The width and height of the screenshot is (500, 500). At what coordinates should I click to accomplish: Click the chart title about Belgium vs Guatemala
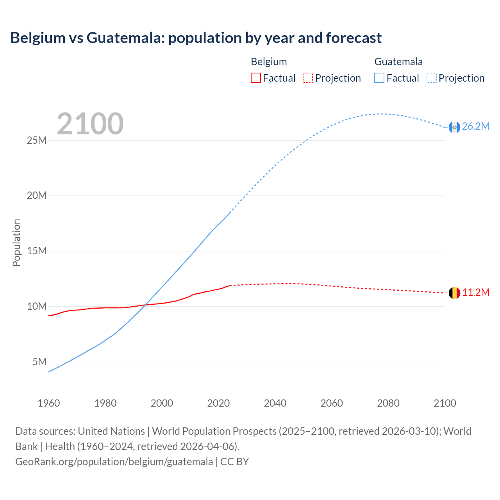click(x=196, y=38)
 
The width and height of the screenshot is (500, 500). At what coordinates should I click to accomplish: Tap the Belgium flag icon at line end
click(x=454, y=293)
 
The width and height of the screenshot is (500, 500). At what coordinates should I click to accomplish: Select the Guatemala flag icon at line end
click(x=454, y=127)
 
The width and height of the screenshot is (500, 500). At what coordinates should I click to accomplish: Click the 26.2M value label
click(x=475, y=127)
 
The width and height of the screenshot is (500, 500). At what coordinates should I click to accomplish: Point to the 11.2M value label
click(x=475, y=293)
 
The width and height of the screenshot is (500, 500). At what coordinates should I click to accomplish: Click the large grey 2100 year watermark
click(x=90, y=124)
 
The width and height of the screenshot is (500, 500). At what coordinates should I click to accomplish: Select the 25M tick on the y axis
click(x=37, y=140)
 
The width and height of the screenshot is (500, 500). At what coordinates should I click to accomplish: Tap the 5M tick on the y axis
click(x=39, y=362)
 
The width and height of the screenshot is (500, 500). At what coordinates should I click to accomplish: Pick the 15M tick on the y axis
click(x=37, y=251)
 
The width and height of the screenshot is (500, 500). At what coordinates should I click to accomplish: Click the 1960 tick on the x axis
click(x=49, y=403)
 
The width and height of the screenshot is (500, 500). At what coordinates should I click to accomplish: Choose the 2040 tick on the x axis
click(x=275, y=403)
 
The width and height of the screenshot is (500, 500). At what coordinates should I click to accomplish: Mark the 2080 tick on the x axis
click(x=388, y=403)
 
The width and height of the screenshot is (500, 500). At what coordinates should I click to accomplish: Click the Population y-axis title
click(x=16, y=243)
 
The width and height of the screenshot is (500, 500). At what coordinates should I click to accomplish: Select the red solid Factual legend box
click(x=256, y=78)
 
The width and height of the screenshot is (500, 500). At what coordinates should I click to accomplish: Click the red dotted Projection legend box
click(x=308, y=78)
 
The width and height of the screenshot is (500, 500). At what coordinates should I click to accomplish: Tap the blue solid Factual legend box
click(x=379, y=78)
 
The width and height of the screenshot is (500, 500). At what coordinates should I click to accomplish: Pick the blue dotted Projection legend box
click(x=432, y=78)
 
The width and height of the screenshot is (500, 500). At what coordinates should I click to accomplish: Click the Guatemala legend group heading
click(x=398, y=62)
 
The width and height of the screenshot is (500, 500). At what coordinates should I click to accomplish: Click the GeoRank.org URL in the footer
click(x=114, y=462)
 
